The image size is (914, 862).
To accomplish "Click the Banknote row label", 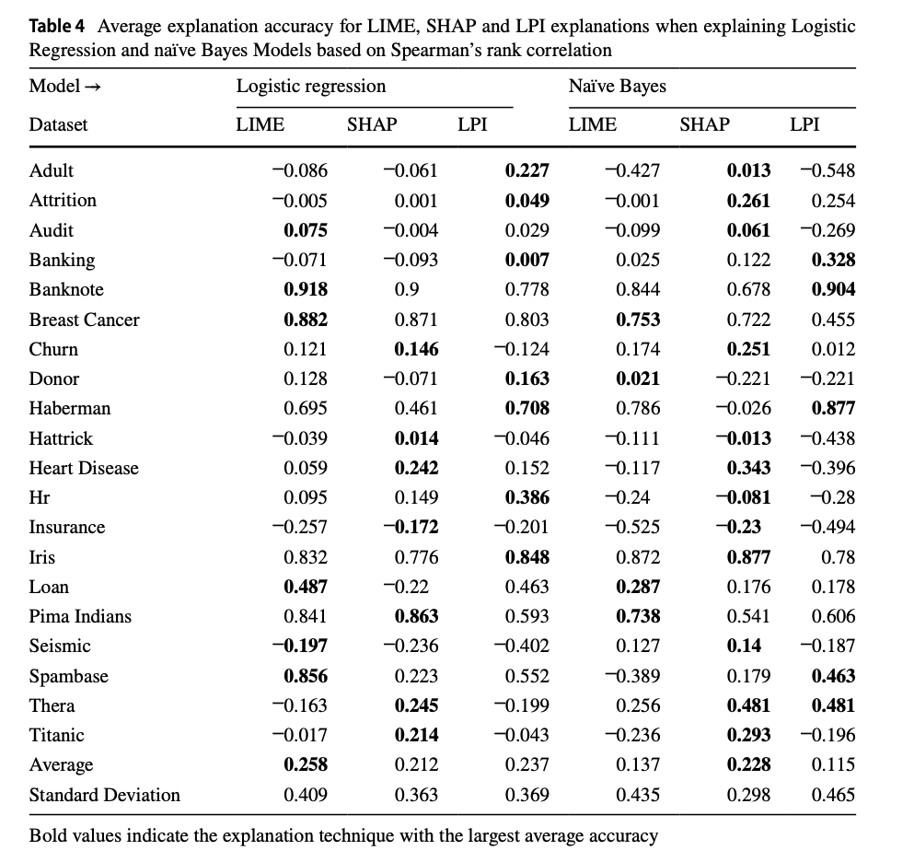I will pos(66,289).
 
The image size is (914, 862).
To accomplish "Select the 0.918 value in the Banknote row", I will pos(306,289).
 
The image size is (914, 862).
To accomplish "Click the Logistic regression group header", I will pos(311,86).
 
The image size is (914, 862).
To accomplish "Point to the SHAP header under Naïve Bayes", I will pos(704,124).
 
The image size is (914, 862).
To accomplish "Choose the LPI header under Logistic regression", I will pos(472,124).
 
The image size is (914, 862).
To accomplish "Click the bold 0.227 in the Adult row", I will pos(527,170).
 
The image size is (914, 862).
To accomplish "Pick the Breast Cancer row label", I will pos(85,320).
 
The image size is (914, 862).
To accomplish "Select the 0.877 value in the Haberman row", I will pos(833,408).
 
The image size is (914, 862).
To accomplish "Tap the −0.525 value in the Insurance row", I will pos(633,527).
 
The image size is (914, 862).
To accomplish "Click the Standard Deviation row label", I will pos(105,794).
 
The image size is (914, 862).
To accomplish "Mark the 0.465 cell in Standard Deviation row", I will pos(833,794).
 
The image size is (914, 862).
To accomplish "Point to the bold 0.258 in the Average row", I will pos(306,764).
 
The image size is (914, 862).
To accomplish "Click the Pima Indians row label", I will pos(80,616).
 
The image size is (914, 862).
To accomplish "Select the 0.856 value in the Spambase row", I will pos(306,676).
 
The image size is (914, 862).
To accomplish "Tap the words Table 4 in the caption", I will pos(62,27).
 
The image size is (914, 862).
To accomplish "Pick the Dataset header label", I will pos(58,124).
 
